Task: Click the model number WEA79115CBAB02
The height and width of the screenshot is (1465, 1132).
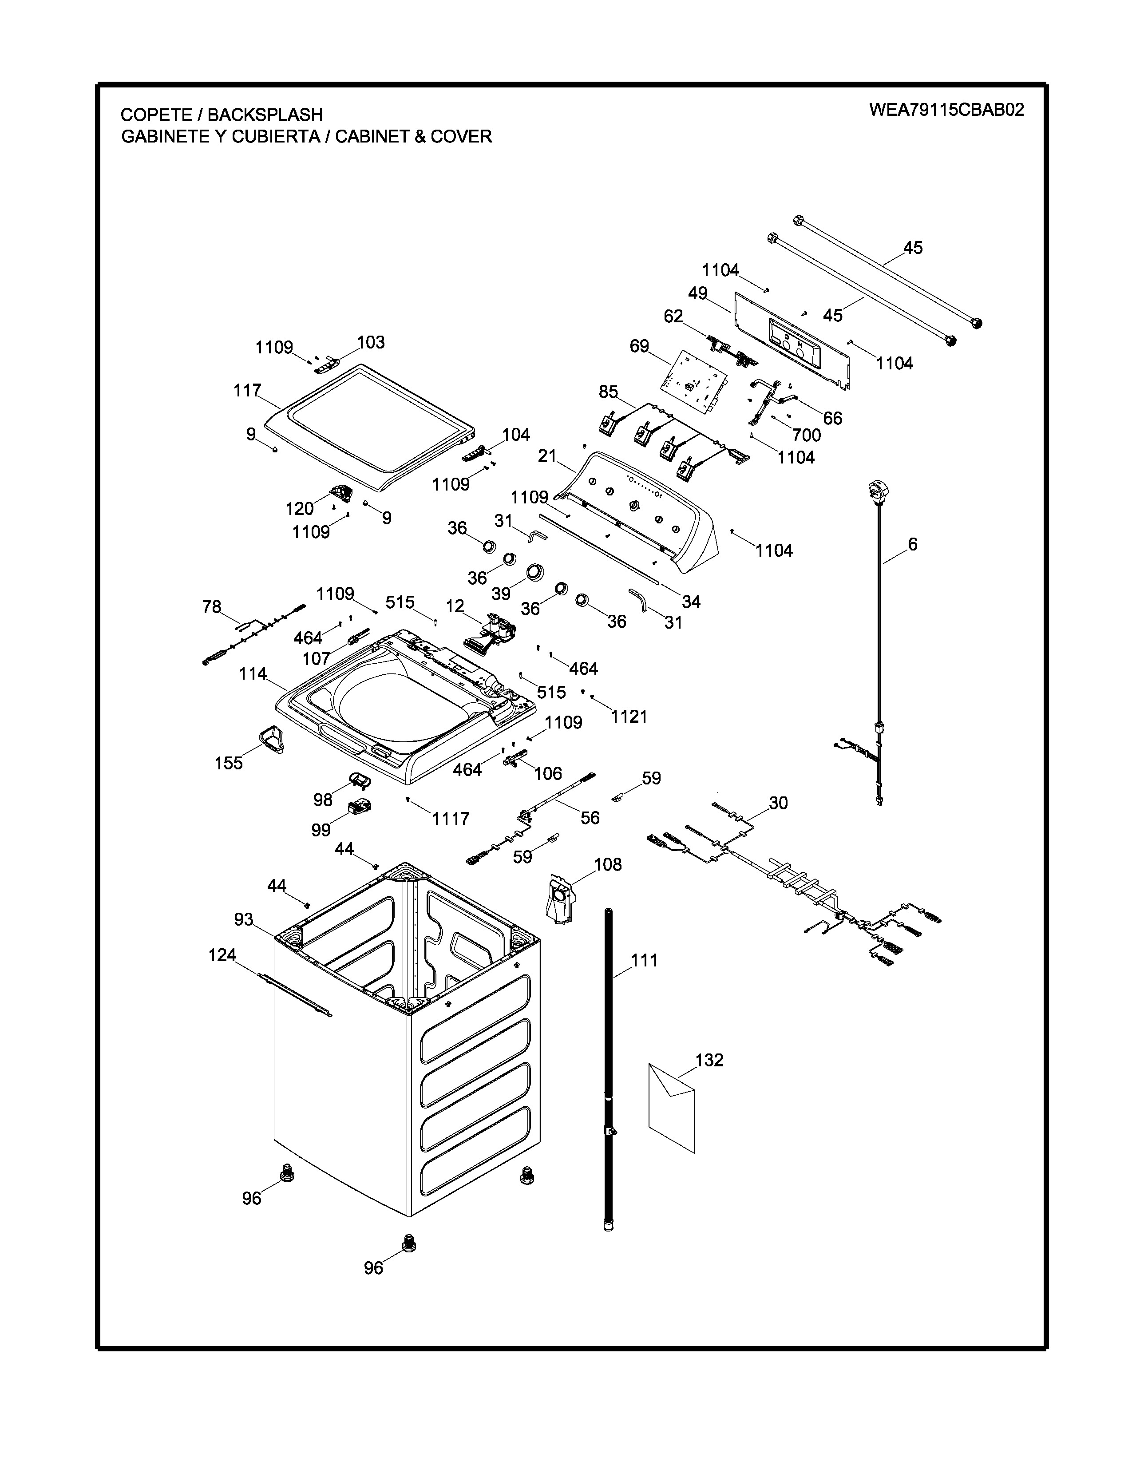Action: coord(946,110)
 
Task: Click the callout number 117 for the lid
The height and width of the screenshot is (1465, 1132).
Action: coord(247,390)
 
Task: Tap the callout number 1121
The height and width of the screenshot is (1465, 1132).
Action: coord(629,717)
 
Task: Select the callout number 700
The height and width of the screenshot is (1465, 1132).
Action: coord(806,436)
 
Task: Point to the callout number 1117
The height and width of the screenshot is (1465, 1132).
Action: coord(451,818)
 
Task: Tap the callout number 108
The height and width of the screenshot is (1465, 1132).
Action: coord(608,865)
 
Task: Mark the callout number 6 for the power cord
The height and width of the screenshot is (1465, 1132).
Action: coord(912,544)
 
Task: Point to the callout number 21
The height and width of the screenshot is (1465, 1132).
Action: coord(547,455)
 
